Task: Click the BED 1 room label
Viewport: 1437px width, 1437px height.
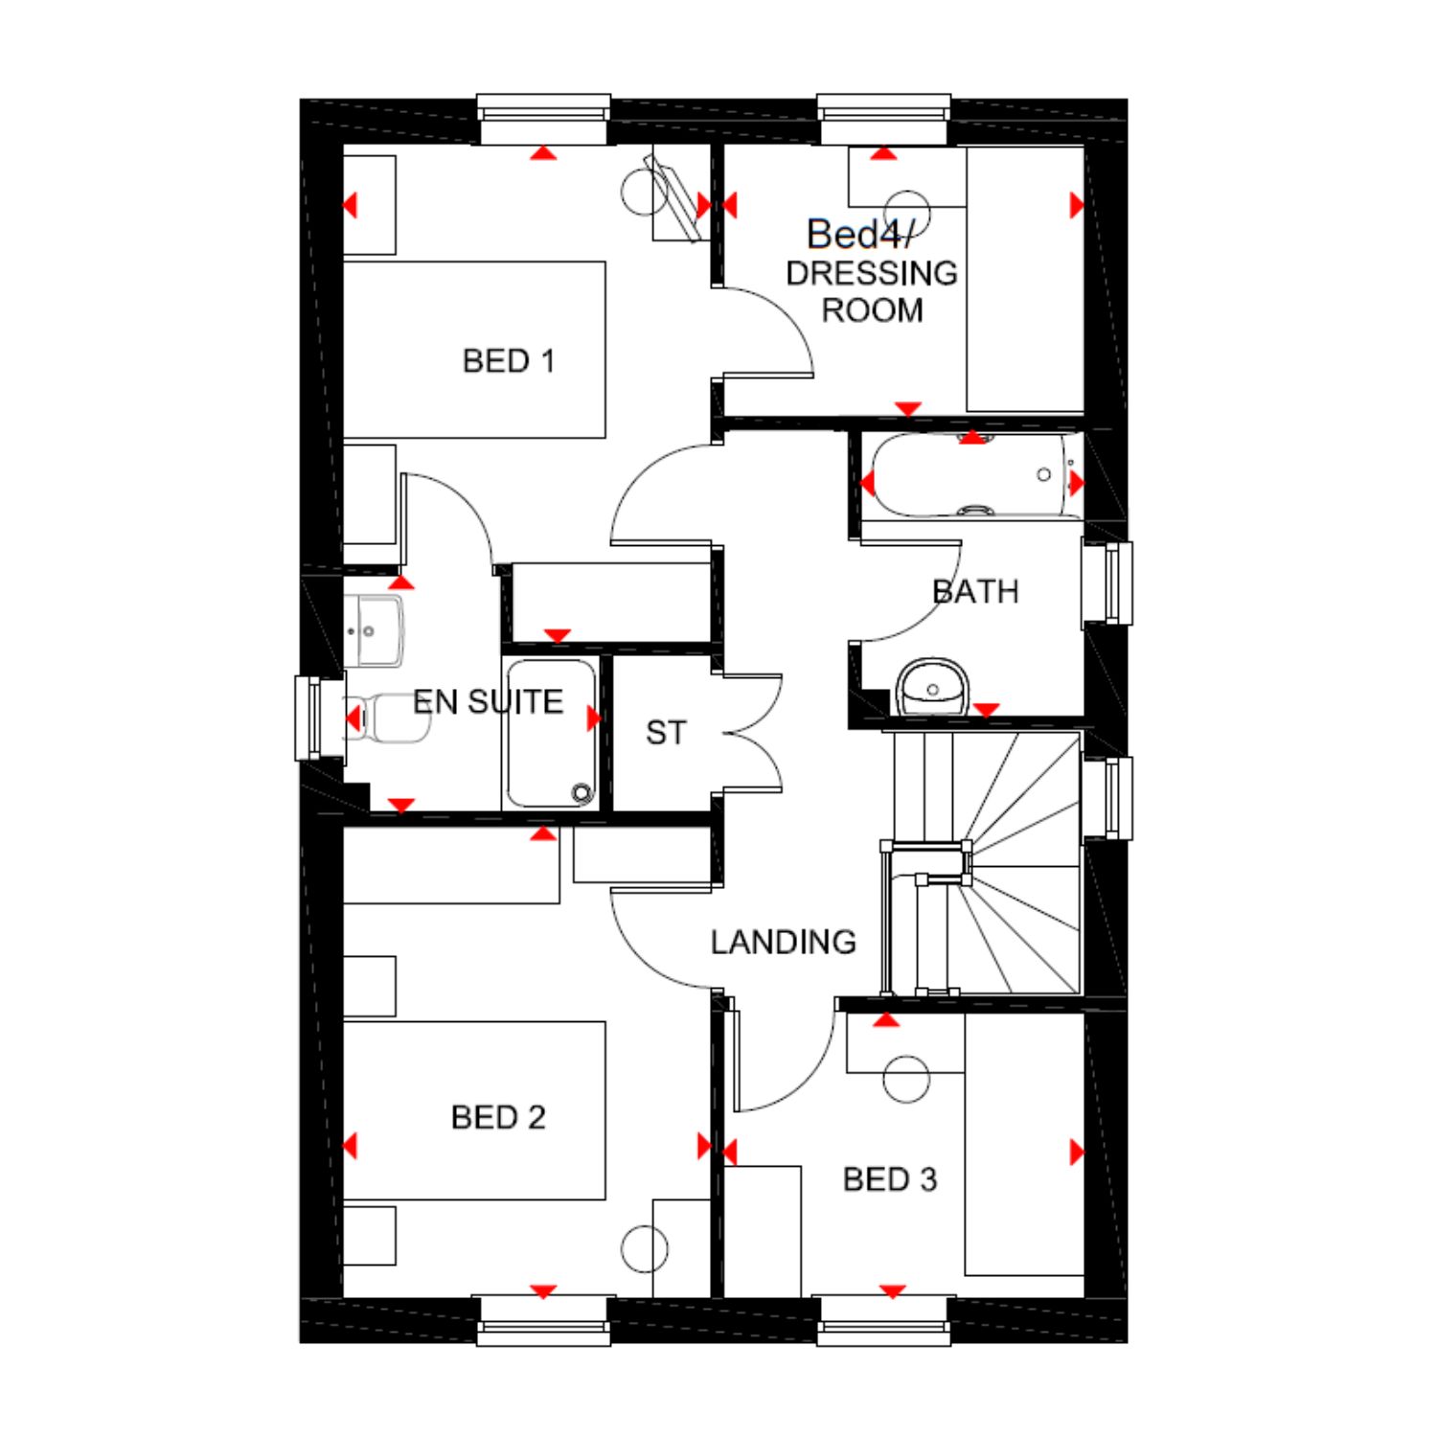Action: coord(509,361)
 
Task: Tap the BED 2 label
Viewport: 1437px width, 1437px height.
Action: coord(498,1117)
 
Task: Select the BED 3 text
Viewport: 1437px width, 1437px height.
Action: coord(890,1179)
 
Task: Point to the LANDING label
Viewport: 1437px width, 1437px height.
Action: coord(784,943)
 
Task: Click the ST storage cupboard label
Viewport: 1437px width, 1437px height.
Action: coord(666,733)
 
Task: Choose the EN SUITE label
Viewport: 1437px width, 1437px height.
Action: coord(488,702)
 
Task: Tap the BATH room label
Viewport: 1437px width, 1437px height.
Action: coord(975,592)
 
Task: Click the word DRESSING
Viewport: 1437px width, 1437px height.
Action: coord(872,273)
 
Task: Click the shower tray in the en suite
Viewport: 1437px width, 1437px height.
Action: coord(551,734)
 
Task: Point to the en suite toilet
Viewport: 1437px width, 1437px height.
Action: coord(388,718)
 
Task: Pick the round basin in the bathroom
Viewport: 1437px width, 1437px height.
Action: coord(932,687)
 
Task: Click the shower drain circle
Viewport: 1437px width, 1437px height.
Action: coord(582,792)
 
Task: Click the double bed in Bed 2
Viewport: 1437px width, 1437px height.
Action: coord(474,1110)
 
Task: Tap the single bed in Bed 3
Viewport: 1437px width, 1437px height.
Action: coord(1024,1144)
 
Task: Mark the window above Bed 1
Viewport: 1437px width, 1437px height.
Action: coord(543,119)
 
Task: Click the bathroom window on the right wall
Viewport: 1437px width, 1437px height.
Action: coord(1108,583)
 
